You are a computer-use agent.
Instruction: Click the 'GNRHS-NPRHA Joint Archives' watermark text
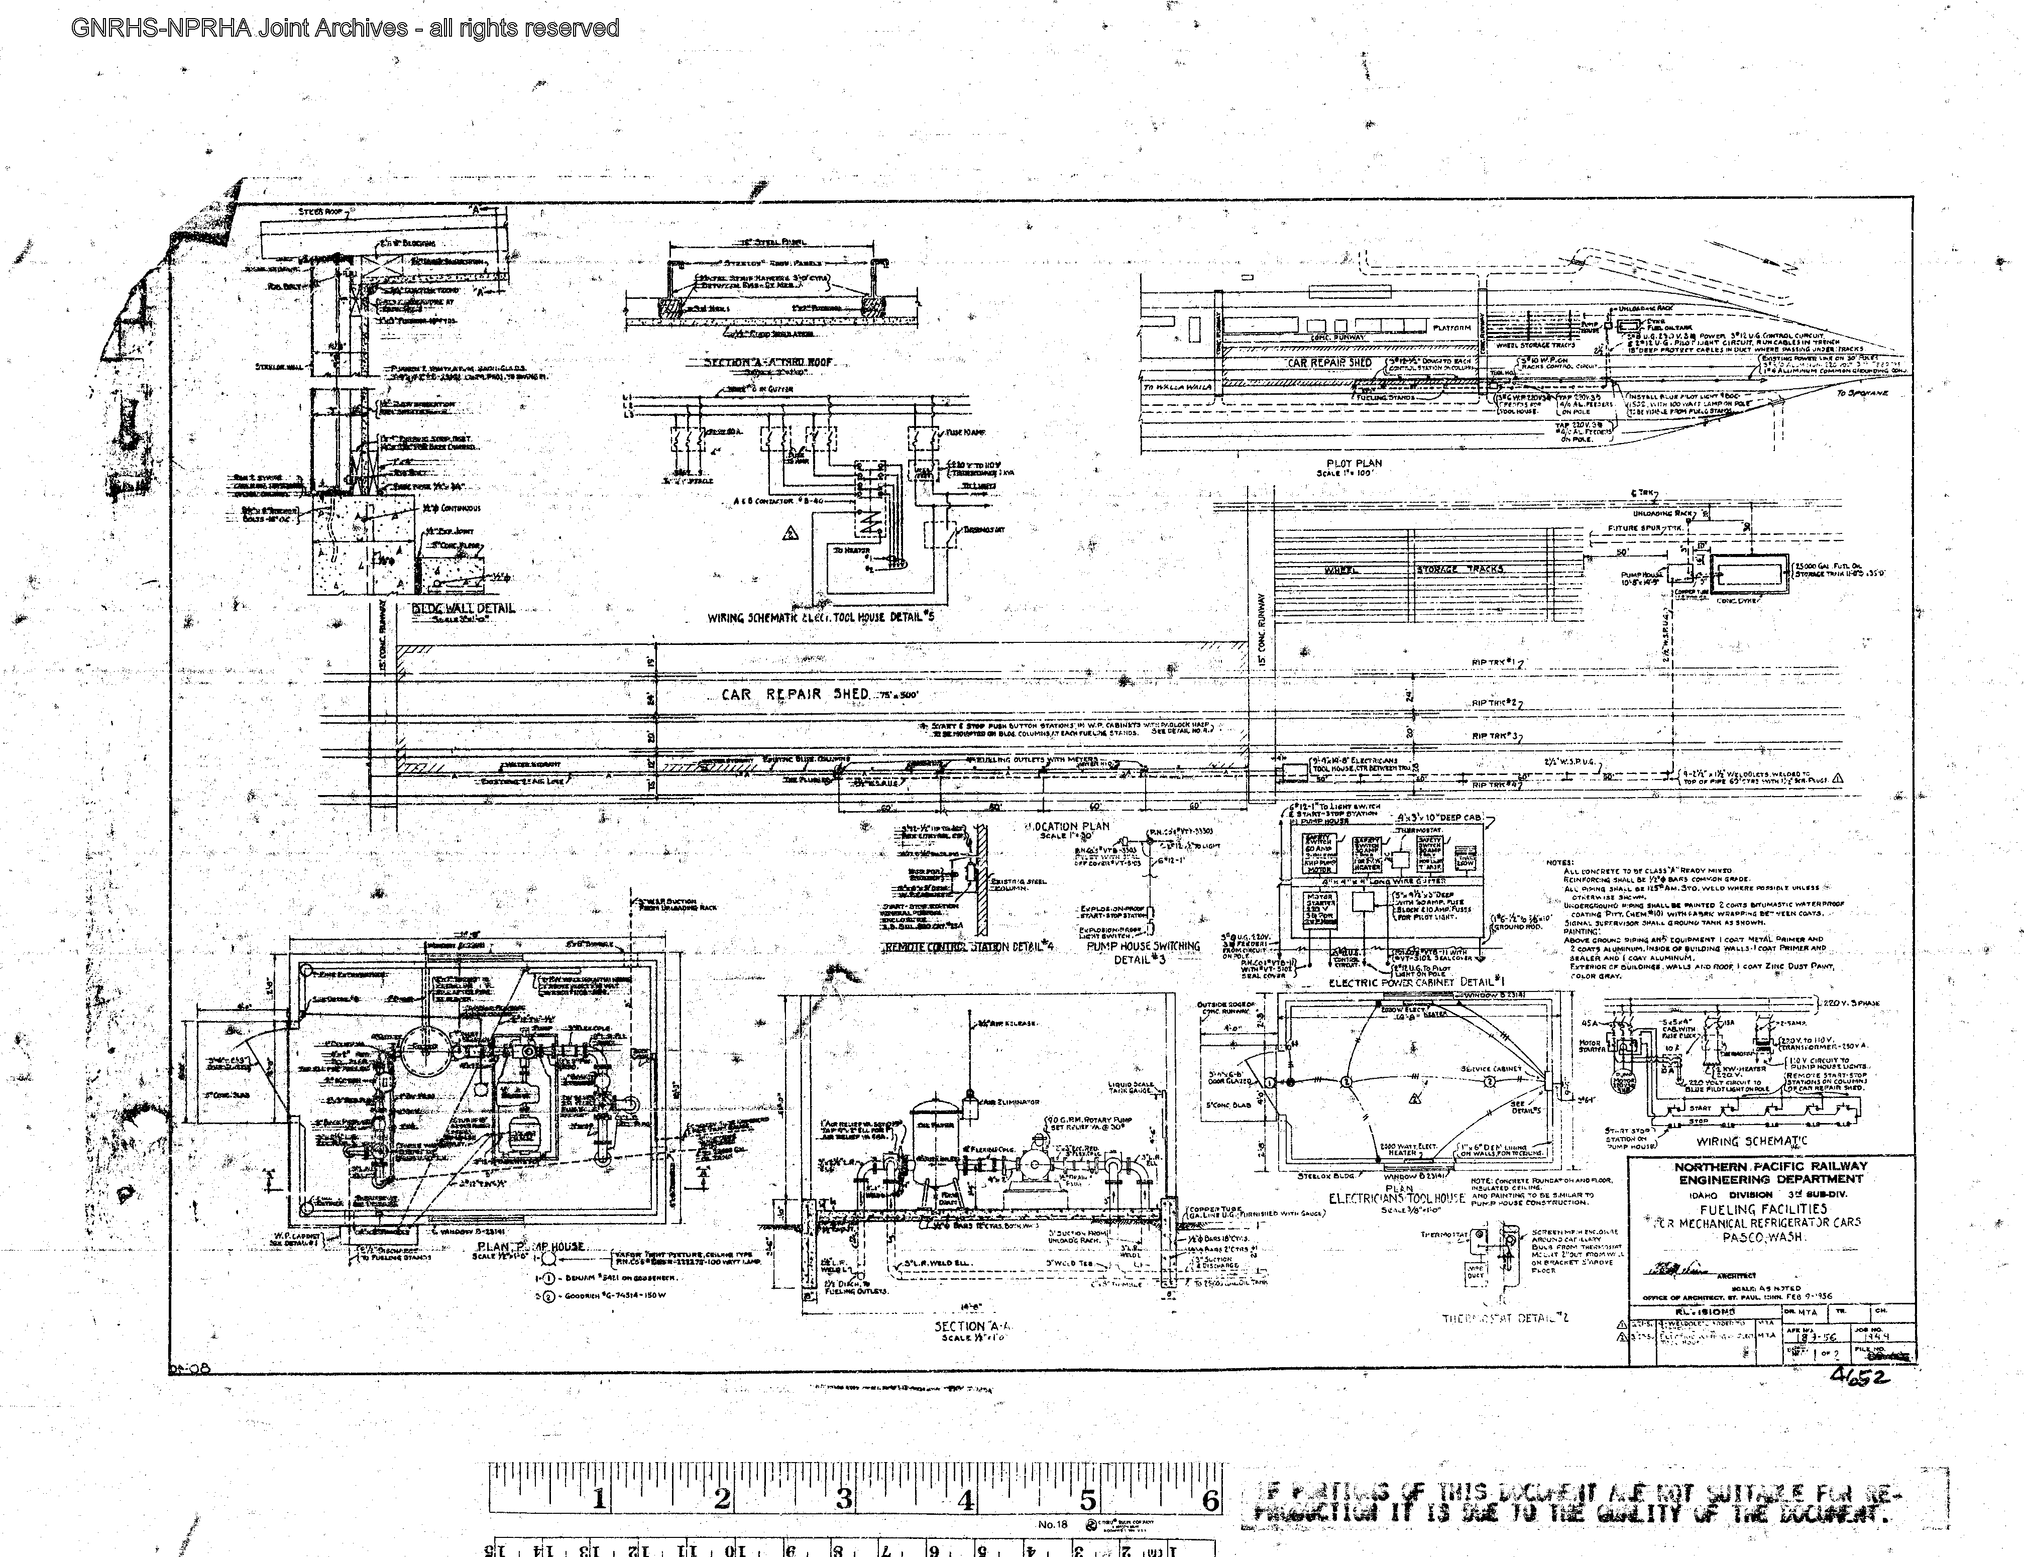point(345,28)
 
